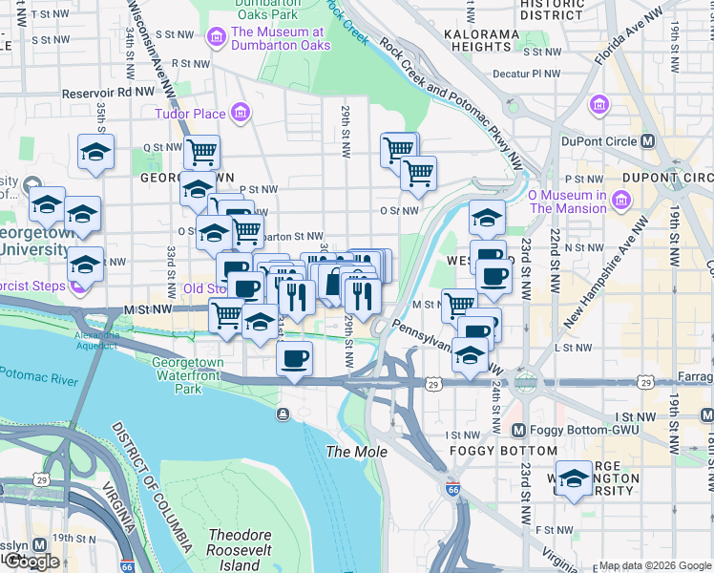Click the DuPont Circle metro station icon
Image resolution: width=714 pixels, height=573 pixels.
[649, 141]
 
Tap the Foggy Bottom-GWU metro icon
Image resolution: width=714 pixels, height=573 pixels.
[520, 432]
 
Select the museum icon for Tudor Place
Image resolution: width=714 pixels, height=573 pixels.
[241, 115]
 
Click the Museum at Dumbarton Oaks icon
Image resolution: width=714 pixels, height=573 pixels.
[216, 37]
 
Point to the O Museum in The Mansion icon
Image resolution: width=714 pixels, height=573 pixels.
[622, 201]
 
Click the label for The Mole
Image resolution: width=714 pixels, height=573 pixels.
[356, 451]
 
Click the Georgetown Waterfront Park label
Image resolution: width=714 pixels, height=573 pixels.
[188, 375]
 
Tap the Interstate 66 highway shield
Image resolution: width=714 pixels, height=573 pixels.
[452, 489]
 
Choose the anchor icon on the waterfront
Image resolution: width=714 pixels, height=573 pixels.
[283, 414]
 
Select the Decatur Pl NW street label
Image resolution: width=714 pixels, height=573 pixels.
[530, 73]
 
